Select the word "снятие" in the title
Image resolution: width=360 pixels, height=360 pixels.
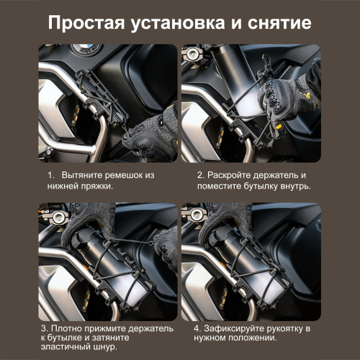282,22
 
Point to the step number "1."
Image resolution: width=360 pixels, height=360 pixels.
51,175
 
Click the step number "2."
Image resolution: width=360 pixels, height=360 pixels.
201,175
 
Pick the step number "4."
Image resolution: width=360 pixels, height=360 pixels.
197,328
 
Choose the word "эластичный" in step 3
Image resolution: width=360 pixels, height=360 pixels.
65,351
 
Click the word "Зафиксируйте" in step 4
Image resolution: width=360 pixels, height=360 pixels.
235,328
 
